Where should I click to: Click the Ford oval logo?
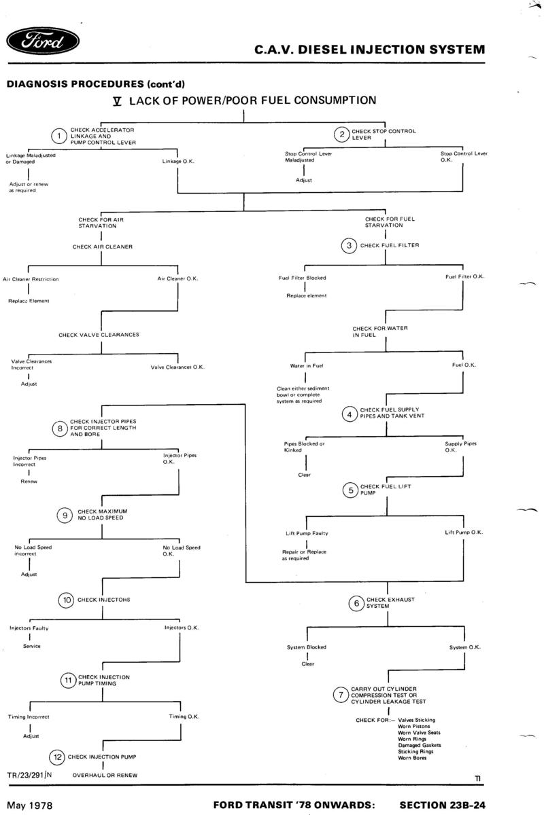(43, 41)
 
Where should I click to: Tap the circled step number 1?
(59, 136)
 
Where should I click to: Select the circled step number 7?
(341, 695)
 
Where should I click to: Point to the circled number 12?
(57, 757)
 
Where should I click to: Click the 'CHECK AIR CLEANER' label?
(103, 247)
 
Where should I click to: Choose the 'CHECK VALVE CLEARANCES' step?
(99, 335)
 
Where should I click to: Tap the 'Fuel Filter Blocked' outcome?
(302, 278)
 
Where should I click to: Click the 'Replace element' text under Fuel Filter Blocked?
(307, 296)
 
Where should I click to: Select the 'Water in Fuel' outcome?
(307, 366)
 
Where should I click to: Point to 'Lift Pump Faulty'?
(307, 533)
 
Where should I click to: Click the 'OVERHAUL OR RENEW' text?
(105, 776)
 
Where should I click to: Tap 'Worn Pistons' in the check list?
(414, 726)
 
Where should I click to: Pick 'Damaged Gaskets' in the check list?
(420, 745)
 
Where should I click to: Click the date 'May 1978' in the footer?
(29, 805)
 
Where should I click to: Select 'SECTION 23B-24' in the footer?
(443, 805)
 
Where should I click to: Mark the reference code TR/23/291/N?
(29, 775)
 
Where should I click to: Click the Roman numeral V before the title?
(117, 101)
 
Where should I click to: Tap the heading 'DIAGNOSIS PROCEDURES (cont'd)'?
(96, 84)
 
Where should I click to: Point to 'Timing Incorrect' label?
(29, 717)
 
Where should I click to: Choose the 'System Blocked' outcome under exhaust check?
(307, 647)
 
